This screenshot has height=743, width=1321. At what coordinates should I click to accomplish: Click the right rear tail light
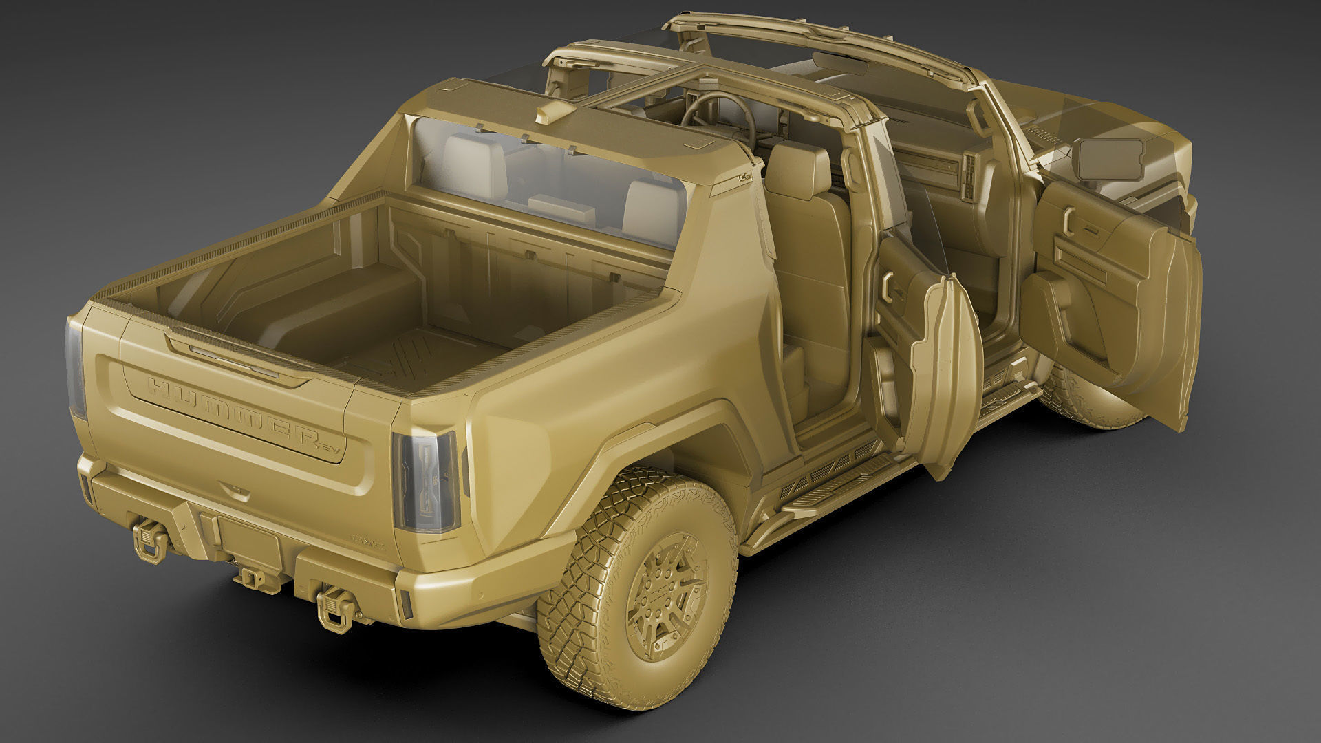[428, 482]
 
